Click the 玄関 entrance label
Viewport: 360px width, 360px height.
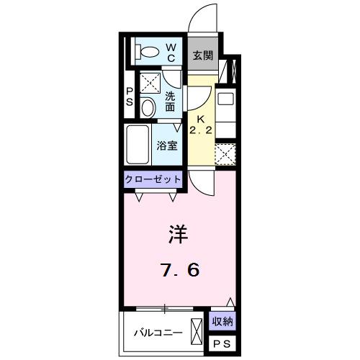point(202,55)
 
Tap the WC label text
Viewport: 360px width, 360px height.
point(173,52)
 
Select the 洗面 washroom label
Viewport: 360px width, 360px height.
point(170,102)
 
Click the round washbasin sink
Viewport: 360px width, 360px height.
point(147,108)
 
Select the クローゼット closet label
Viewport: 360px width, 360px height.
point(153,179)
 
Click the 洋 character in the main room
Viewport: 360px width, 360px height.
point(179,235)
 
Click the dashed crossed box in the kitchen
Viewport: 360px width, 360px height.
point(225,153)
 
